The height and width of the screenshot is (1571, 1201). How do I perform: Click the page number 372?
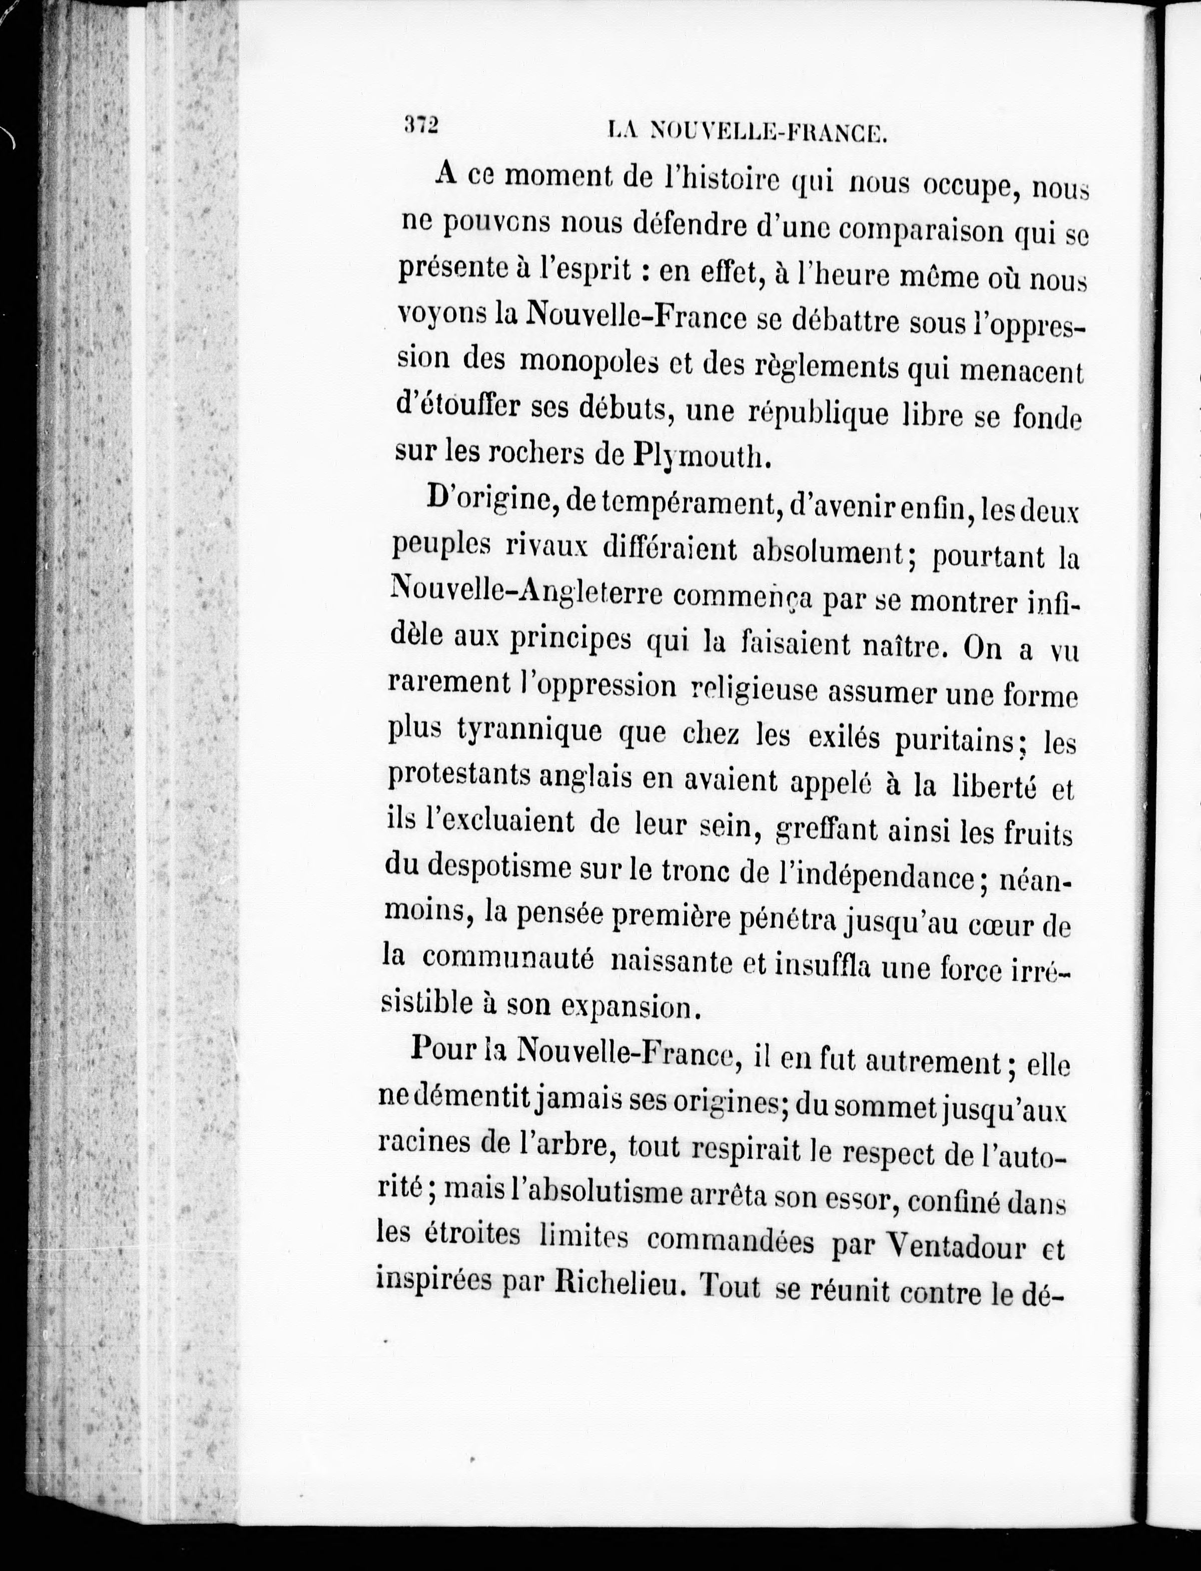pyautogui.click(x=420, y=126)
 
